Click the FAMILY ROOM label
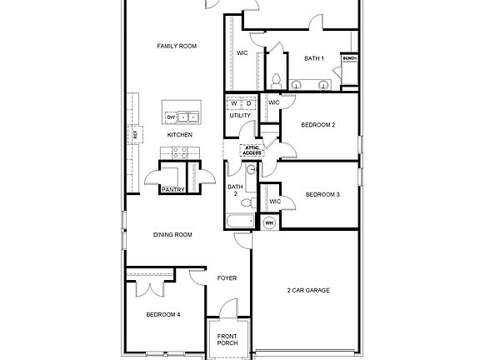tap(177, 46)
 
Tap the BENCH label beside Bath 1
tap(349, 58)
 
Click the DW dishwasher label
tap(171, 117)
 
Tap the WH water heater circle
tap(269, 222)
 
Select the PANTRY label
tap(172, 189)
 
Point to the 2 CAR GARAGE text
tap(308, 290)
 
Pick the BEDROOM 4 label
tap(163, 314)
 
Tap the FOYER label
tap(227, 278)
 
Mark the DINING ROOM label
tap(172, 235)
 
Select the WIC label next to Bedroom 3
tap(275, 201)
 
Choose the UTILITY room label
tap(240, 116)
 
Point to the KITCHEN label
tap(180, 134)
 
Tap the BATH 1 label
tap(313, 58)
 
